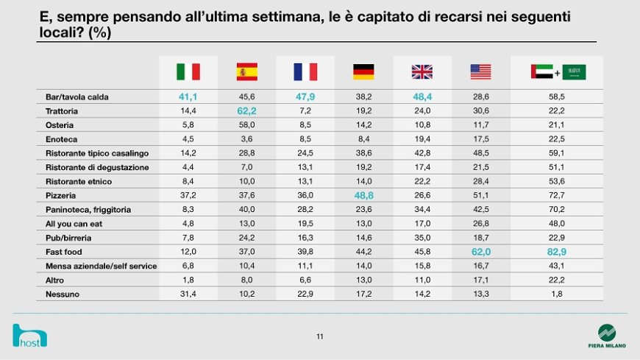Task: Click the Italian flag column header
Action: pyautogui.click(x=188, y=71)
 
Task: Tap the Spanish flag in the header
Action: pyautogui.click(x=247, y=71)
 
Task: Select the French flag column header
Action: pyautogui.click(x=305, y=71)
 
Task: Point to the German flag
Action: pyautogui.click(x=363, y=71)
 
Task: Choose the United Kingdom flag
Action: pyautogui.click(x=422, y=71)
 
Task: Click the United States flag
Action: pyautogui.click(x=480, y=71)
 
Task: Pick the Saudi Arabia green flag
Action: pyautogui.click(x=575, y=72)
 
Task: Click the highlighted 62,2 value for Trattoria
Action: pyautogui.click(x=247, y=110)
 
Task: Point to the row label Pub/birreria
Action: pyautogui.click(x=68, y=237)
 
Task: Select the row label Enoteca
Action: pyautogui.click(x=62, y=138)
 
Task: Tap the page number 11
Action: pyautogui.click(x=320, y=336)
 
